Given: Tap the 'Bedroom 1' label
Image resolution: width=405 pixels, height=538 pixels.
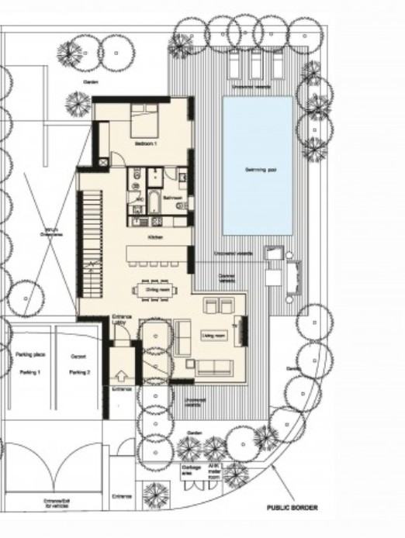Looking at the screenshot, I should point(145,144).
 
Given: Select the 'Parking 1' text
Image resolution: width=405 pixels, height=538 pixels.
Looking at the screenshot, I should point(29,371).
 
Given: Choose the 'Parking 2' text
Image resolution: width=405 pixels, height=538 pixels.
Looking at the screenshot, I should point(78,371).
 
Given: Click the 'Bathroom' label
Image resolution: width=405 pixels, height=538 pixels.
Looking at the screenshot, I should point(172,198).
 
